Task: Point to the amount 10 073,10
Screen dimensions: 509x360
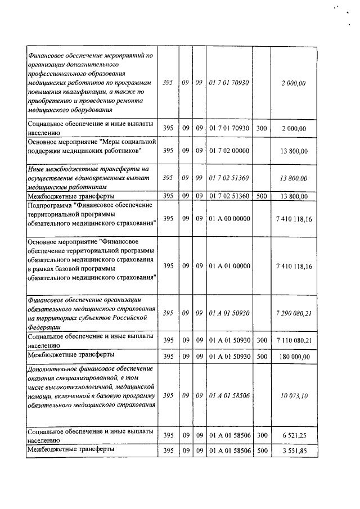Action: [x=294, y=396]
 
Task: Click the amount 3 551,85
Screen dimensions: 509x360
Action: [x=294, y=451]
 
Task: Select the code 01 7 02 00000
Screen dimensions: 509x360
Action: [x=229, y=151]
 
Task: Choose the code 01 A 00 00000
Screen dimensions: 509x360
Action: [x=229, y=218]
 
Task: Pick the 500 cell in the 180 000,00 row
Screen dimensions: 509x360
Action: [x=261, y=357]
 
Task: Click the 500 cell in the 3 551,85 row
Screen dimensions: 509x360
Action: [x=261, y=451]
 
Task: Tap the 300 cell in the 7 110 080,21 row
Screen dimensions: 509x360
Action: [x=261, y=340]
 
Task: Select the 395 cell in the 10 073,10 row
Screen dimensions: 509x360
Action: [x=168, y=396]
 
